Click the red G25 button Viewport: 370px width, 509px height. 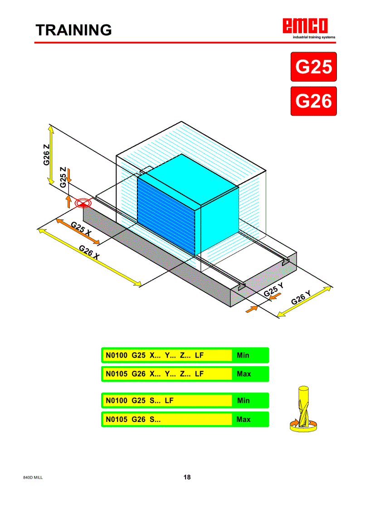[313, 67]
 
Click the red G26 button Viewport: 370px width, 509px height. [313, 101]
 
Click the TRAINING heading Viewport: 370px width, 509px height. [74, 30]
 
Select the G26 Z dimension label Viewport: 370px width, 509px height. [47, 155]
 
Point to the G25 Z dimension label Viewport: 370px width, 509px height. [63, 177]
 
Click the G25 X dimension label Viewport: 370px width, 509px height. [81, 228]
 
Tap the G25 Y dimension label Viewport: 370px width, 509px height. [274, 290]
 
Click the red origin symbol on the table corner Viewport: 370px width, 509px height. [83, 203]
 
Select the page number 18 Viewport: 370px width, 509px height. [187, 477]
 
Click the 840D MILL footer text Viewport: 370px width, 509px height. [33, 478]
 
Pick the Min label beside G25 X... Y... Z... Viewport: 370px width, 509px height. [243, 355]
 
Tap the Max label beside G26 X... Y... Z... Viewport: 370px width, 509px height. [243, 374]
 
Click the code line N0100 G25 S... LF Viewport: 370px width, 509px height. [140, 401]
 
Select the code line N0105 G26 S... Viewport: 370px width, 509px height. [133, 420]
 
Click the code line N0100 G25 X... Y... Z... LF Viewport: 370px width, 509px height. [155, 355]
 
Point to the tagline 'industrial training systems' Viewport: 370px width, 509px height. [314, 37]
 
